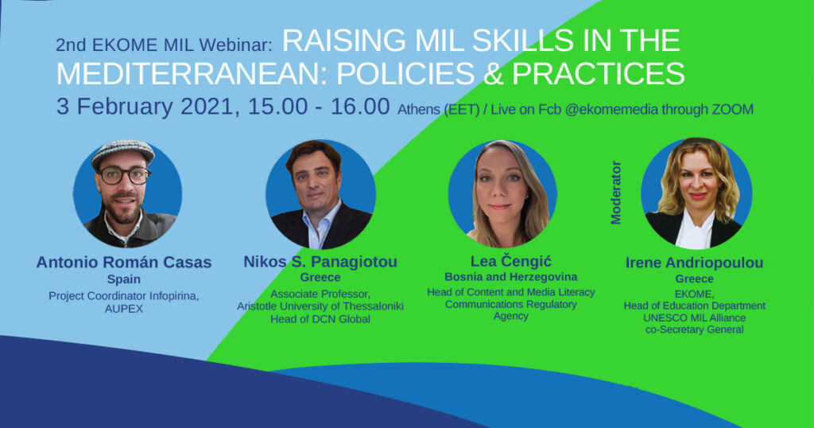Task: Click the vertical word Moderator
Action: (x=616, y=193)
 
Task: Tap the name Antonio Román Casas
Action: (x=124, y=263)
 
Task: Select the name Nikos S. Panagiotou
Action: (x=320, y=261)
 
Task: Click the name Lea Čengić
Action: (x=511, y=261)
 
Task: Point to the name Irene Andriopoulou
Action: (x=694, y=263)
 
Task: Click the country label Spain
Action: (x=123, y=279)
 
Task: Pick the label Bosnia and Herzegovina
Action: (x=511, y=277)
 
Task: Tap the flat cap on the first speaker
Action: (x=123, y=152)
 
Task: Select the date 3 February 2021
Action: (x=148, y=107)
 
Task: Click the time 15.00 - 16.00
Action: (x=319, y=107)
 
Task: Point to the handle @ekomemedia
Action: (x=611, y=110)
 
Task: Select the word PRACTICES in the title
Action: (x=598, y=74)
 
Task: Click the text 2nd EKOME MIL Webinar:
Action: (x=164, y=45)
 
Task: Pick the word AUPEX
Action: (x=123, y=309)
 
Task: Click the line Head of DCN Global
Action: (x=320, y=319)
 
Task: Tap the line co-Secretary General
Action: (x=694, y=330)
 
